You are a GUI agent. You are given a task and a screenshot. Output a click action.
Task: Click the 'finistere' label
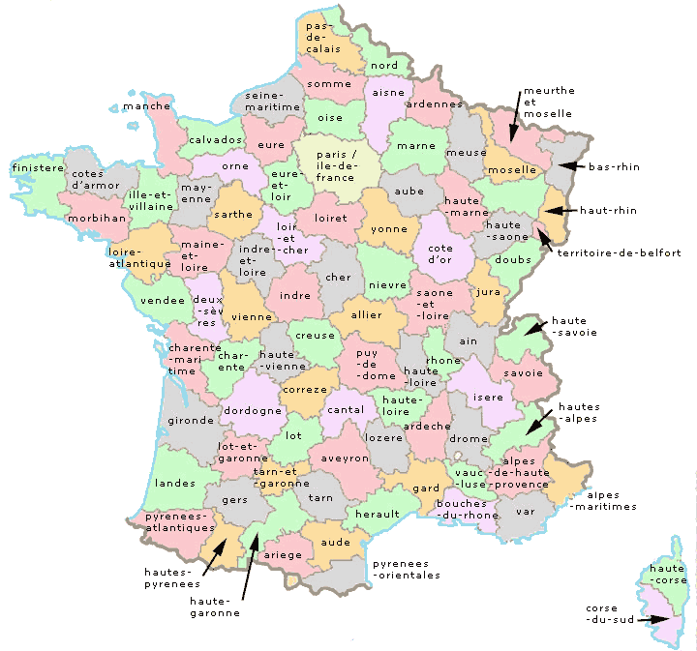(x=36, y=167)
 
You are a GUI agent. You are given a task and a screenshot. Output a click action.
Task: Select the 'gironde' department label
(x=190, y=421)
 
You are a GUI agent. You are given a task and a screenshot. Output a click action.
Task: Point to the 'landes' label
(x=174, y=483)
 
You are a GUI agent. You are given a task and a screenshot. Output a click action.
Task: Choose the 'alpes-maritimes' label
(x=603, y=500)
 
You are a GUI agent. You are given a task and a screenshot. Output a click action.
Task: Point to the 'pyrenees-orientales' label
(x=407, y=569)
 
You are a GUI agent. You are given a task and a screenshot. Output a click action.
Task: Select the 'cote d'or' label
(x=433, y=255)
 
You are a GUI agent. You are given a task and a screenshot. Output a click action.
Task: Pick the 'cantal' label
(x=347, y=410)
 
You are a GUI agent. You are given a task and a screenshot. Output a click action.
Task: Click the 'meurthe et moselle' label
(x=548, y=102)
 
